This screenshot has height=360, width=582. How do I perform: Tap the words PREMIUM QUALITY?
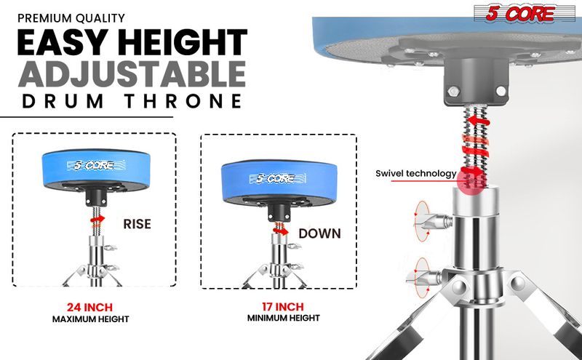70,17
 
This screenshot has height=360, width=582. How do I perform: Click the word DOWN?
319,235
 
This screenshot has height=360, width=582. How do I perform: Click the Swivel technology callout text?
415,174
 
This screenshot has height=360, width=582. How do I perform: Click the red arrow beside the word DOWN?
282,230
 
